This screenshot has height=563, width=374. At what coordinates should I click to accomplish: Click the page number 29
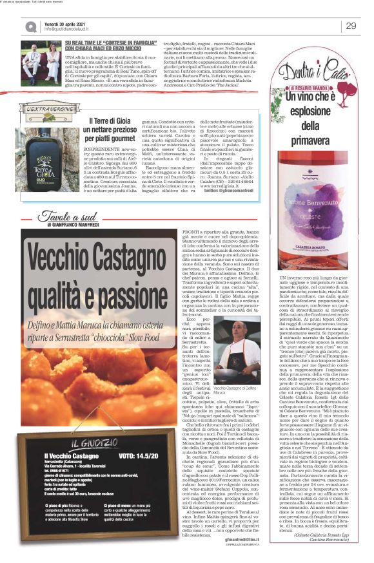(351, 26)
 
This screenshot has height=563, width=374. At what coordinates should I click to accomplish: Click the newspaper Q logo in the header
(32, 26)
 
